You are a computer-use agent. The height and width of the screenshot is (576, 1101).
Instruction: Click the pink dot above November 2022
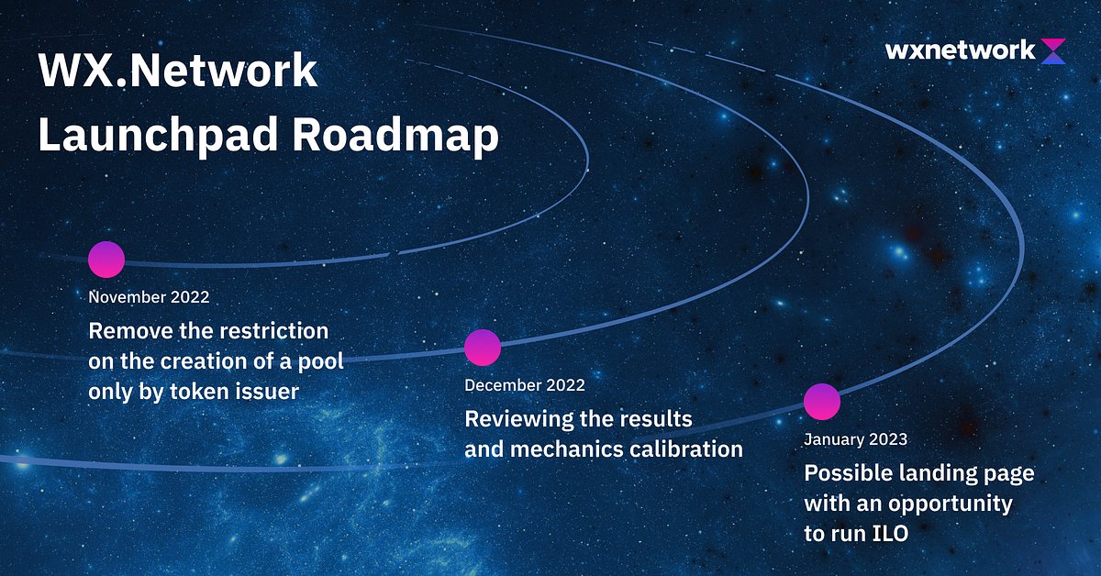click(x=106, y=260)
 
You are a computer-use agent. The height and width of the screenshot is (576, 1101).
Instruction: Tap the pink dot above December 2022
click(x=483, y=348)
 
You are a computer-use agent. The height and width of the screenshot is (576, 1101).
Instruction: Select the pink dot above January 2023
click(x=822, y=402)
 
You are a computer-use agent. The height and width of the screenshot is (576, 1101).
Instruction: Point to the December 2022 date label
click(x=524, y=385)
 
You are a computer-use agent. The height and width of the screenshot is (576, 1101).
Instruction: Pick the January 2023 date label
click(x=855, y=439)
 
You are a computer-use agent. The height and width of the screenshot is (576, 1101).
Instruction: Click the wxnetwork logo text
click(x=960, y=50)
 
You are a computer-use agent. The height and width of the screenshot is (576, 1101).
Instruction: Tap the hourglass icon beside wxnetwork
click(x=1054, y=50)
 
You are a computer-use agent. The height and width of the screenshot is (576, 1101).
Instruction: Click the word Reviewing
click(x=517, y=419)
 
